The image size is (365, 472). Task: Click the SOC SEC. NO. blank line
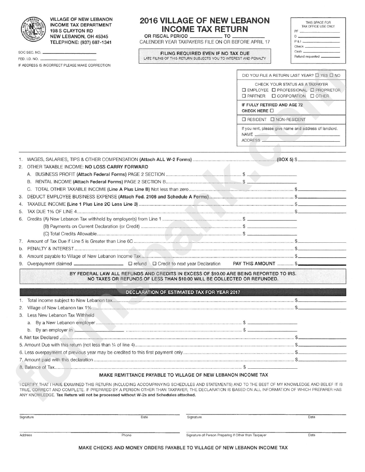[69, 52]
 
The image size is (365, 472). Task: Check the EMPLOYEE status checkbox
[244, 90]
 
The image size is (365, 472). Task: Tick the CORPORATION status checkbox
[274, 96]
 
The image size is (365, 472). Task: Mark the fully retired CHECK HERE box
[272, 111]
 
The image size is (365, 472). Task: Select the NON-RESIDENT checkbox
[273, 119]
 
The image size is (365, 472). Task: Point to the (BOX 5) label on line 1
[285, 159]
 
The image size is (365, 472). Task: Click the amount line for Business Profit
[272, 175]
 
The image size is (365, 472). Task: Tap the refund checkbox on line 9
[130, 264]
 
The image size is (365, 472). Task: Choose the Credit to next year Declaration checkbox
[154, 264]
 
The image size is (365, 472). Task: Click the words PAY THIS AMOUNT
[254, 264]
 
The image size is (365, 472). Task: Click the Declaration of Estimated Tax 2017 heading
[183, 292]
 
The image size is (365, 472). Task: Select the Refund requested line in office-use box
[330, 57]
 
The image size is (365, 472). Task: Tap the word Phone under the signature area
[126, 435]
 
